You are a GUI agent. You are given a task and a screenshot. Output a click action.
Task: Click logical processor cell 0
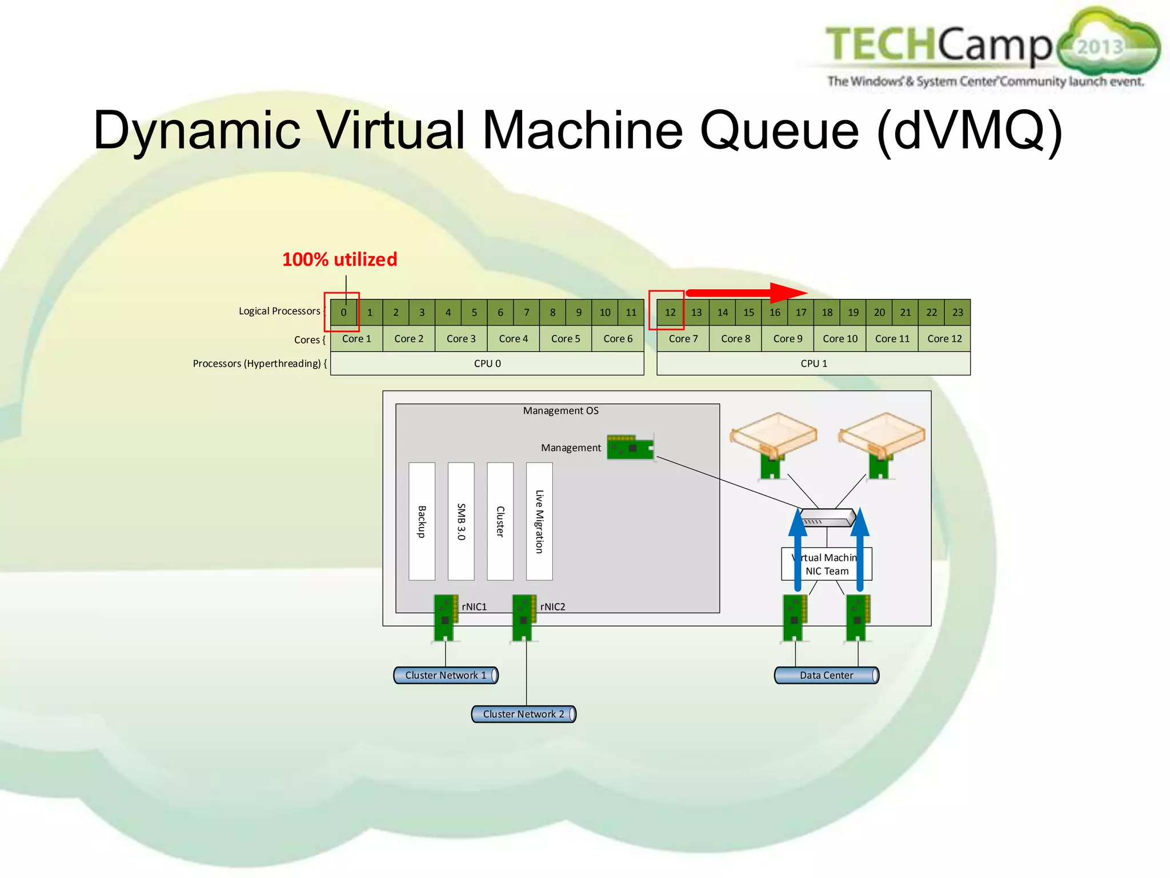343,312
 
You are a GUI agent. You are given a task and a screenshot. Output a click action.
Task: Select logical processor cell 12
670,312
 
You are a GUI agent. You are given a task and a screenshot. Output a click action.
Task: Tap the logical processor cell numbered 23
957,312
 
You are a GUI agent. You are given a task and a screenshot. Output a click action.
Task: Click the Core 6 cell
618,338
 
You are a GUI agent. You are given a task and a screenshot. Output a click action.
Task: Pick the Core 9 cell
787,338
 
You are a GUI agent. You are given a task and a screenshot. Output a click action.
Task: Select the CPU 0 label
487,364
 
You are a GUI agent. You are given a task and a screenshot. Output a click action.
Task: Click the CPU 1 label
814,364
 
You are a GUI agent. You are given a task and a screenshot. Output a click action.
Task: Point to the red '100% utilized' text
339,260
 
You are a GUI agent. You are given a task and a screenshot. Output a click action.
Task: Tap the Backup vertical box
422,521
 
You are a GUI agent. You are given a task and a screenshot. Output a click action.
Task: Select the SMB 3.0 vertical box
461,521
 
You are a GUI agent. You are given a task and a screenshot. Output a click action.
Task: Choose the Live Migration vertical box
539,521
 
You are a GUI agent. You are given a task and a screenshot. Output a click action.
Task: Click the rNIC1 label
474,606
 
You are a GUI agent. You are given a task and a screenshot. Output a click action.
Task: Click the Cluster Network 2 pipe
523,714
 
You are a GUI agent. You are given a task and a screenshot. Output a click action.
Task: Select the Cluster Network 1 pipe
446,675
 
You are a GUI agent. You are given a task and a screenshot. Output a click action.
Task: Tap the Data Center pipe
826,675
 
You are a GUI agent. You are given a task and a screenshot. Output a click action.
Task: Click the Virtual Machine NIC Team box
826,564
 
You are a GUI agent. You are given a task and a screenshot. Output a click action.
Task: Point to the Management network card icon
630,448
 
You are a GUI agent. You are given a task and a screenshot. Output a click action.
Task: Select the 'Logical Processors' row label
279,311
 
